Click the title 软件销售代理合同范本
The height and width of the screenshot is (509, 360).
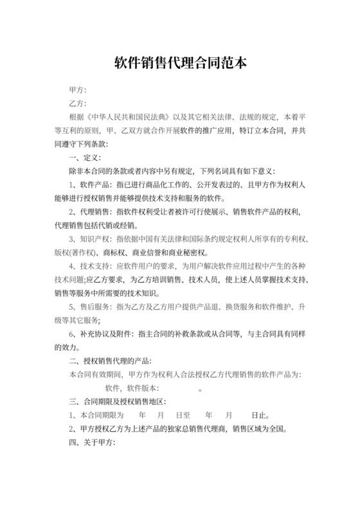tap(180, 64)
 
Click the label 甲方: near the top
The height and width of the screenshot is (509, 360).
tap(78, 89)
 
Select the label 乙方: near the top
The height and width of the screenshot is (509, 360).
tap(78, 103)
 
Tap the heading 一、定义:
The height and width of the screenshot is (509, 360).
tap(84, 157)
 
